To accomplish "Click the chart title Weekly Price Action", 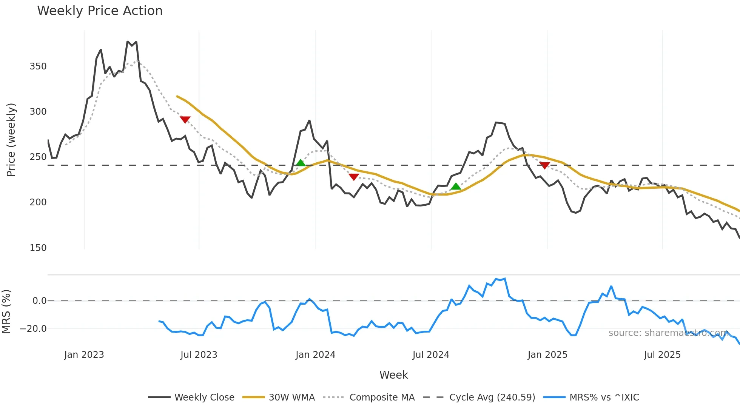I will [100, 11].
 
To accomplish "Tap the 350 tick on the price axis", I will [38, 66].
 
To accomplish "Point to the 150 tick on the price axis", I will [38, 248].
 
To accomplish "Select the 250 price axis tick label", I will [38, 157].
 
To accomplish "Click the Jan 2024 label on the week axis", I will [315, 355].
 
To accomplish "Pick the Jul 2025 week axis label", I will [662, 355].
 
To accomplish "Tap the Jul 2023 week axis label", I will [199, 355].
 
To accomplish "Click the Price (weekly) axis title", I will [11, 140].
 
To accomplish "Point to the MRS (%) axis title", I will [6, 311].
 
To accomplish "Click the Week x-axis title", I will [393, 375].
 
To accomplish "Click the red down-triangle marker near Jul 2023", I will [185, 120].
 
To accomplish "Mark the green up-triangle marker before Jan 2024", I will [301, 163].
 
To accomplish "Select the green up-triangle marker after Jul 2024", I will [456, 186].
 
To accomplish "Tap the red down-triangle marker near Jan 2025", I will [544, 165].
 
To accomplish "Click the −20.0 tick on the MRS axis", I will [33, 329].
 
